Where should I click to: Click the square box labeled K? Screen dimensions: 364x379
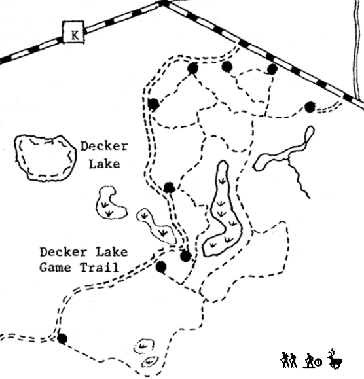74,32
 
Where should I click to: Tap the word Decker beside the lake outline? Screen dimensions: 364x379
104,146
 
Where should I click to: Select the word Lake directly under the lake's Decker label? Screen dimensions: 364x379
104,164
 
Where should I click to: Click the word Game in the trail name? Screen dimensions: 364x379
56,268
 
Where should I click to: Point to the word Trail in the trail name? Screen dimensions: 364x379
100,268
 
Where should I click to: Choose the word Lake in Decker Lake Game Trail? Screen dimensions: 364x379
112,252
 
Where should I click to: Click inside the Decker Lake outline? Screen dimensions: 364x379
45,158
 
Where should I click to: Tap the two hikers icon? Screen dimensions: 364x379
289,360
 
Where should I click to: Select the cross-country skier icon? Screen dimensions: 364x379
308,361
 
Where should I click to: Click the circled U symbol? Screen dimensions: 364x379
319,362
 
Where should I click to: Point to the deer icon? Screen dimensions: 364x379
335,359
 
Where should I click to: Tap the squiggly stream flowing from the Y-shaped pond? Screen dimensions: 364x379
298,179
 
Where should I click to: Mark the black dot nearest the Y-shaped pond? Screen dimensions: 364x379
310,107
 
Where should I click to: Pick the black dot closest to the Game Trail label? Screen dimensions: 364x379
161,266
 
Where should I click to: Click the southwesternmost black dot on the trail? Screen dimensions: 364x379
62,338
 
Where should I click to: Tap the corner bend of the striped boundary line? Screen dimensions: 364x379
164,3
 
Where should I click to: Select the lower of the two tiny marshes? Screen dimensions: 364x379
150,362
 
